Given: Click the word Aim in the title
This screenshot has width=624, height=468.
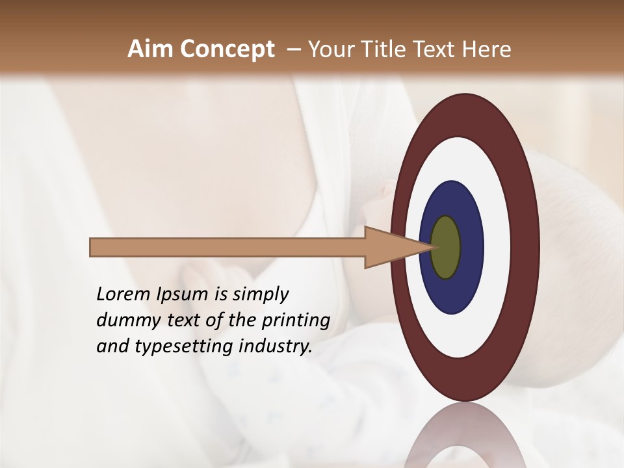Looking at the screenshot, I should click(151, 49).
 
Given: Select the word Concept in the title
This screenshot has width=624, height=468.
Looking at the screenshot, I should click(227, 49).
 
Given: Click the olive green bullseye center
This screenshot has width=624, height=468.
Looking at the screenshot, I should click(446, 248).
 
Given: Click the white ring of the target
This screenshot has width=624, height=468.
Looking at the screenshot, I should click(501, 248).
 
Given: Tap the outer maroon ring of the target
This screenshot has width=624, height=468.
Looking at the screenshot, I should click(528, 248).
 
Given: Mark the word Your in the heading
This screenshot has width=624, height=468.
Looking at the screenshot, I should click(330, 49).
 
